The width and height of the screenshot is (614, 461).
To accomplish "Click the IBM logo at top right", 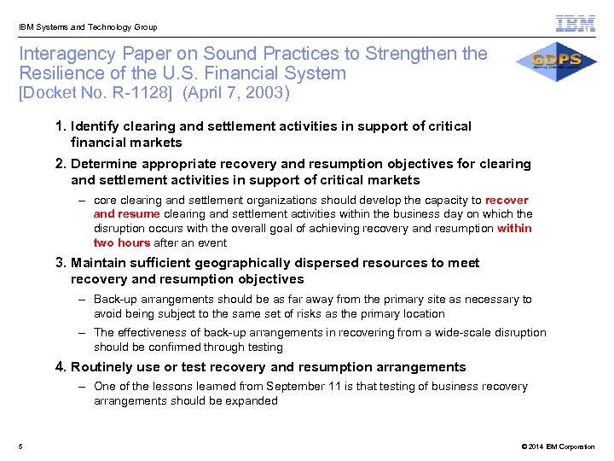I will point(576,25).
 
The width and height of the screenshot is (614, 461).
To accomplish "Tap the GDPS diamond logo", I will point(556,61).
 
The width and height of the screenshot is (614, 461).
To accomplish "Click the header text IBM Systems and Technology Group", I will point(88,27).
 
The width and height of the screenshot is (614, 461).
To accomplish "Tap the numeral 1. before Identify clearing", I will point(61,126).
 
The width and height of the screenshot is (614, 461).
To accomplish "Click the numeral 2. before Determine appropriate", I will point(61,164).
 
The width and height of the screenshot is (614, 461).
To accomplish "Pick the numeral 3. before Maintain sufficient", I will point(61,263).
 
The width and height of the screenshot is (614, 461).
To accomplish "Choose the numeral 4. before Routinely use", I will point(61,367).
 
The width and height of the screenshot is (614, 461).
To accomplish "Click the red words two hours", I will point(121,242).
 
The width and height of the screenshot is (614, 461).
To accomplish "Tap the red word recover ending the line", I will point(507,200).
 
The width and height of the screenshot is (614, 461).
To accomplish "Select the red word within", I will point(514,228).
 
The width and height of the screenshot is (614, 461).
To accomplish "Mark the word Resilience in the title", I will point(60,73).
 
